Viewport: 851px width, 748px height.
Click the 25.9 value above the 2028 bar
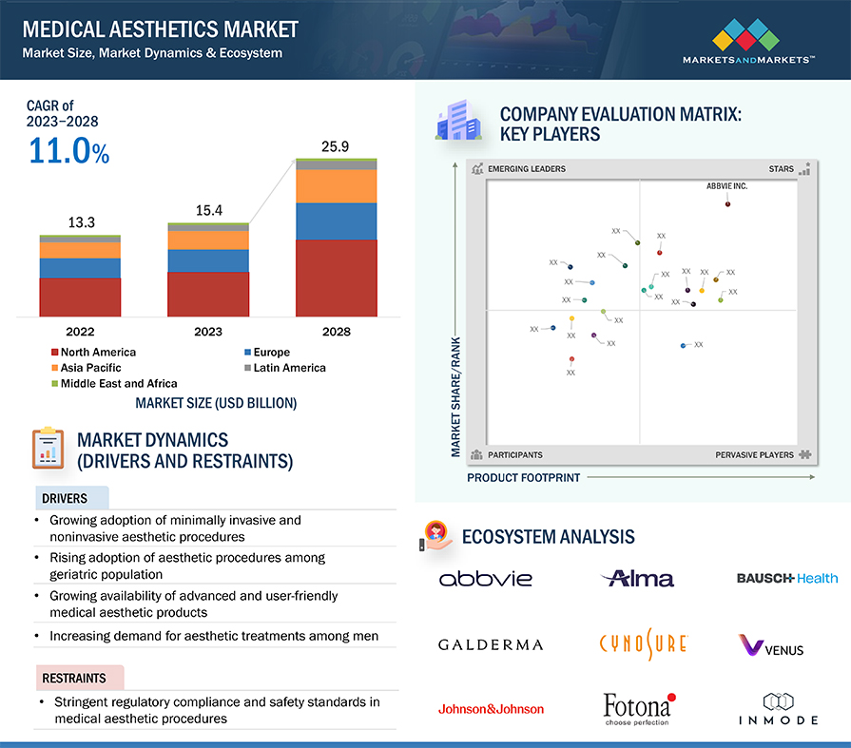(335, 147)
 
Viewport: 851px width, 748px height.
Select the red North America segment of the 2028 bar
(337, 278)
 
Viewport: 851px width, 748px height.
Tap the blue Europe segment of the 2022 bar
(80, 268)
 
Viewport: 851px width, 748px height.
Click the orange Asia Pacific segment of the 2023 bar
(208, 240)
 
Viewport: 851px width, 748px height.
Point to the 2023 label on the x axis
(208, 332)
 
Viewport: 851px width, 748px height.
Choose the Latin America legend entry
(285, 368)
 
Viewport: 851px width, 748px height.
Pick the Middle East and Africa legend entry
(114, 383)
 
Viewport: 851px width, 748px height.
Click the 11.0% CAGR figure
(68, 150)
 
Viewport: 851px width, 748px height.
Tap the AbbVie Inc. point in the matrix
(727, 204)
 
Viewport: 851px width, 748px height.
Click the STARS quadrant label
(781, 169)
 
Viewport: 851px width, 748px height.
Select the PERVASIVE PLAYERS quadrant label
(754, 455)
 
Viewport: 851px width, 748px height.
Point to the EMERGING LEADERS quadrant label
(527, 169)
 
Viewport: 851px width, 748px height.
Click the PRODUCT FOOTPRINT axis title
(523, 478)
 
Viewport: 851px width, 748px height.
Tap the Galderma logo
(491, 645)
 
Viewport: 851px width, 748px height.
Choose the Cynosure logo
(643, 643)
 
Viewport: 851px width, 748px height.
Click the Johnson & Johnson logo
(491, 709)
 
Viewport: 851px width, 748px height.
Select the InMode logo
(779, 709)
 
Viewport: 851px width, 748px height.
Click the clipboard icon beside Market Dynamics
(48, 448)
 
